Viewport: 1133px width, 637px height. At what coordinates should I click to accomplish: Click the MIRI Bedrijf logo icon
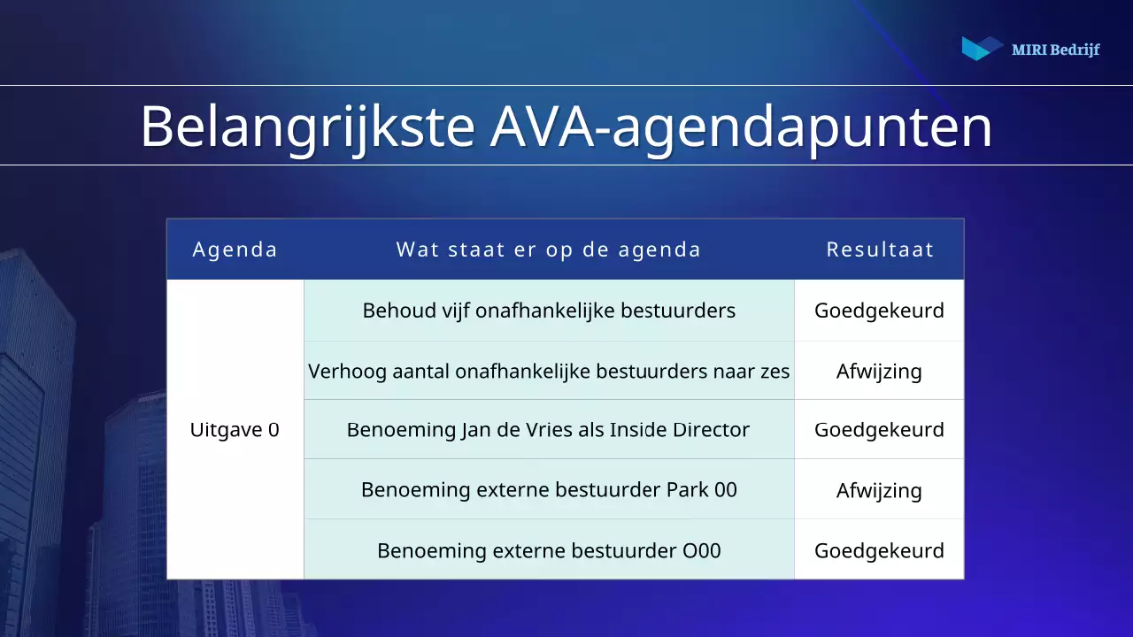point(982,49)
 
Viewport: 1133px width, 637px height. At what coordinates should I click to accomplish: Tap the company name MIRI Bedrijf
point(1055,50)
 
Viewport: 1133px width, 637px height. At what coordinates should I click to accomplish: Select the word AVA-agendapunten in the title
point(741,127)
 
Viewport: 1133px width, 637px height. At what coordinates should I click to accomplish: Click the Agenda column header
point(235,249)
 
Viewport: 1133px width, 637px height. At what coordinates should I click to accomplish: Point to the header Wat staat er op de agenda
point(549,249)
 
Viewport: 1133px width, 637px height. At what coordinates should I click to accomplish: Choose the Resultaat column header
point(880,249)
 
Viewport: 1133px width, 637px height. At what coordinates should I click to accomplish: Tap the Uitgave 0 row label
point(235,430)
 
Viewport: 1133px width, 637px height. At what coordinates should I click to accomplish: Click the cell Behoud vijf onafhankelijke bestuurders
point(549,311)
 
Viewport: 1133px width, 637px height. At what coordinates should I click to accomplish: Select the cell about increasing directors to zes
point(549,371)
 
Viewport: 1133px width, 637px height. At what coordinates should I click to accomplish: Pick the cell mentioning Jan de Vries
point(549,430)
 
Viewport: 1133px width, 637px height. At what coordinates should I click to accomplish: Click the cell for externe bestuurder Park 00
point(549,489)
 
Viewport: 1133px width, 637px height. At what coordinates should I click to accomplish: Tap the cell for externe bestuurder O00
point(549,550)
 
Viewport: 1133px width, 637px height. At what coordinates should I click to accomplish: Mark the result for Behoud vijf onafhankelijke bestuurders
point(879,311)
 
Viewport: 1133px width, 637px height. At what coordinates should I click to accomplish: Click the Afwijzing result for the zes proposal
point(879,371)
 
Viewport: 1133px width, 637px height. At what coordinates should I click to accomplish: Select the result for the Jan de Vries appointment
point(879,430)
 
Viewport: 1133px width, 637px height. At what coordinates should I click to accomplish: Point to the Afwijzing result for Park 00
point(879,490)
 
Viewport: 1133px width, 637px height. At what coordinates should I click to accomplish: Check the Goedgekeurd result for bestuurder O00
point(879,550)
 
